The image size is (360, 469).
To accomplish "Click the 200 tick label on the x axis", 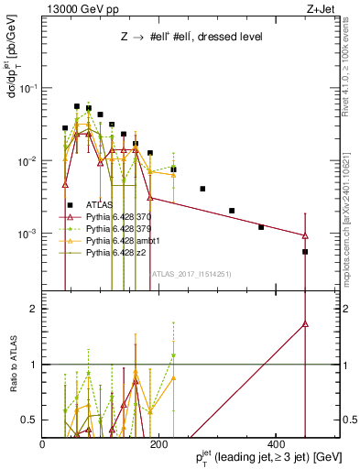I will [x=159, y=443].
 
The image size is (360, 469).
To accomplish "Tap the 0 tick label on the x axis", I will [x=43, y=443].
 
